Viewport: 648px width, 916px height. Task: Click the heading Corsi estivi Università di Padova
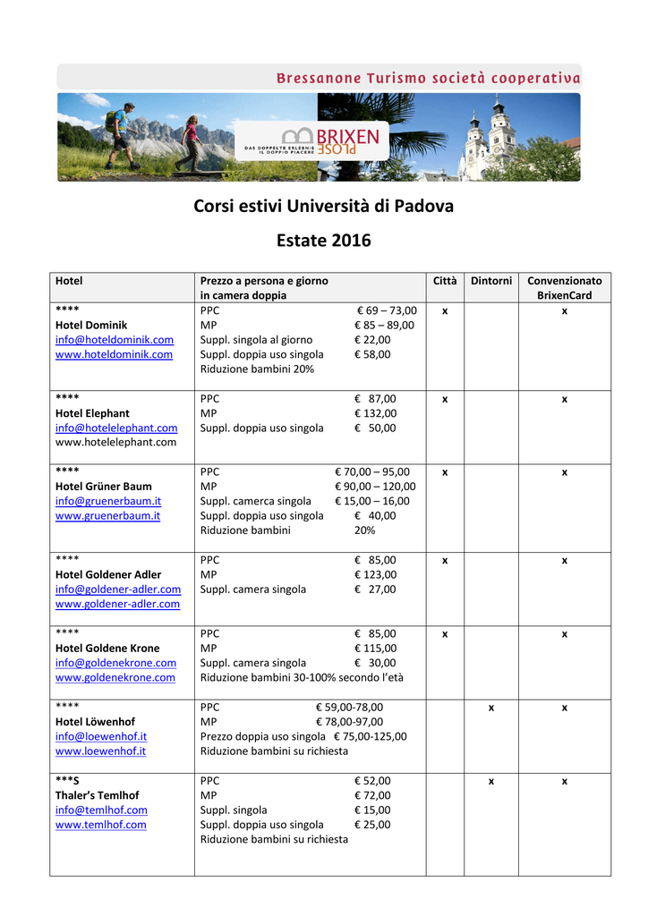point(324,206)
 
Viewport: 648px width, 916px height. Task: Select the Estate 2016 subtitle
point(324,241)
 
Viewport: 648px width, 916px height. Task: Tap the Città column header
point(445,281)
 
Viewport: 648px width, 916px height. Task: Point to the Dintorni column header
point(491,281)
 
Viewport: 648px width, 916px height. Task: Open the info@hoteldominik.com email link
point(115,340)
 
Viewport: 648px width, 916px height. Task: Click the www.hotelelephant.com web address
point(116,442)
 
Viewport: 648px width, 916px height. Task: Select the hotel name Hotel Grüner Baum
point(104,487)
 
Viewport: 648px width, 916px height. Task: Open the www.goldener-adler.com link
point(117,604)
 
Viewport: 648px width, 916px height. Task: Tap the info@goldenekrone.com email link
point(115,663)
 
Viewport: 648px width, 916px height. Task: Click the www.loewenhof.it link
point(100,751)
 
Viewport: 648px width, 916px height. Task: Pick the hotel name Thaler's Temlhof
point(98,795)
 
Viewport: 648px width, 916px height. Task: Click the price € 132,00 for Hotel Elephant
point(375,413)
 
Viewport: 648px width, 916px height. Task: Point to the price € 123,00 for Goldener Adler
point(375,574)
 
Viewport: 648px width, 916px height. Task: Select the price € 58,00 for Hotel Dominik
point(372,354)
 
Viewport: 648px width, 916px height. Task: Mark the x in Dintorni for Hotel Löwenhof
point(491,708)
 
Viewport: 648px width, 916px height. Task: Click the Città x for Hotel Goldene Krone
point(445,634)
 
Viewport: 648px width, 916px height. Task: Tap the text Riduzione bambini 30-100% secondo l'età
point(302,677)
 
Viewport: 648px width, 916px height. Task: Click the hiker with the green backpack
point(119,134)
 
